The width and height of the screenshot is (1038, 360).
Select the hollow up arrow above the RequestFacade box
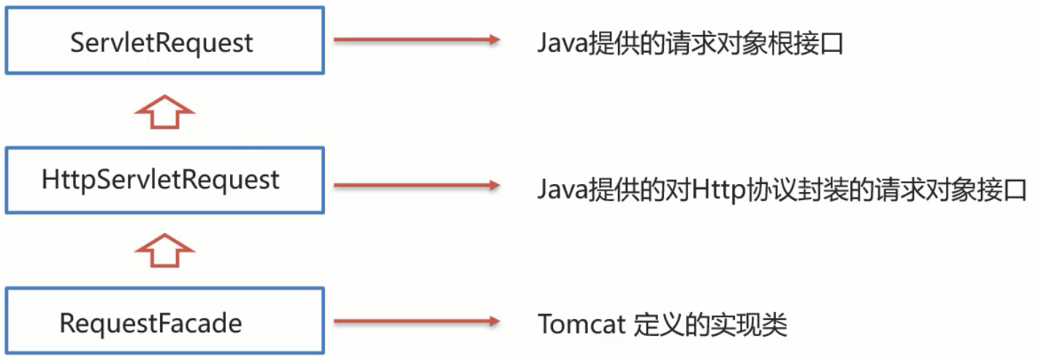(165, 250)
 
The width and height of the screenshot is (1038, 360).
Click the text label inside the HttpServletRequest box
(161, 179)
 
